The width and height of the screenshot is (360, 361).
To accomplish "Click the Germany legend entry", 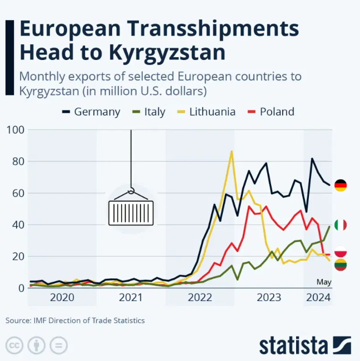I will (x=90, y=112).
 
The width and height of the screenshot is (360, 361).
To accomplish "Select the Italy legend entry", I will (x=148, y=112).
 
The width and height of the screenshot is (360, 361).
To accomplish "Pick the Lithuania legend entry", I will (x=206, y=112).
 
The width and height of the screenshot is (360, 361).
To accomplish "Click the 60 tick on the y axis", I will (x=17, y=193).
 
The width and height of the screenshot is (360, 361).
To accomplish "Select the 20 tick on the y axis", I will (x=17, y=257).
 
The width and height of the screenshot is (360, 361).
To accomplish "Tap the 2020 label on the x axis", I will (x=62, y=297).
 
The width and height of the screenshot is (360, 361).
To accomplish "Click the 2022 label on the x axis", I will (x=199, y=297).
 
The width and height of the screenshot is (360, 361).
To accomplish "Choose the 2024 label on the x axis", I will (x=318, y=297).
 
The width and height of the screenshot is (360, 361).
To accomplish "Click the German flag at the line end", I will (x=341, y=185).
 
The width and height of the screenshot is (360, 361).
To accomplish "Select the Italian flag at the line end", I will (x=341, y=225).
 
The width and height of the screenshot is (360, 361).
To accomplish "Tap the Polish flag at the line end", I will (x=341, y=252).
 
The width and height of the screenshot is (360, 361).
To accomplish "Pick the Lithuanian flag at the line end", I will (x=341, y=265).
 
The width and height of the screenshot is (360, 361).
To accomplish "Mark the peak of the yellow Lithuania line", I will (x=231, y=151).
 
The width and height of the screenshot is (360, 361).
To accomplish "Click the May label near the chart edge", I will (x=323, y=282).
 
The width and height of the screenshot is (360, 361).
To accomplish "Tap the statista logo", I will (x=304, y=344).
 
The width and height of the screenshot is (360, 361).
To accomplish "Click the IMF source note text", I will (x=75, y=320).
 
